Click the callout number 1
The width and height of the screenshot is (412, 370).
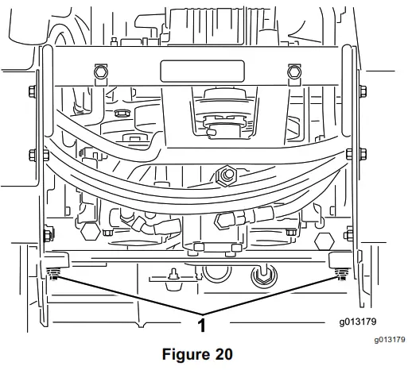(x=202, y=325)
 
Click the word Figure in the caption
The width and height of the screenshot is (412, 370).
(x=182, y=353)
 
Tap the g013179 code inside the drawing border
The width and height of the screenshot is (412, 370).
(x=356, y=322)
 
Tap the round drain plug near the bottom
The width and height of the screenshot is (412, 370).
(x=260, y=276)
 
